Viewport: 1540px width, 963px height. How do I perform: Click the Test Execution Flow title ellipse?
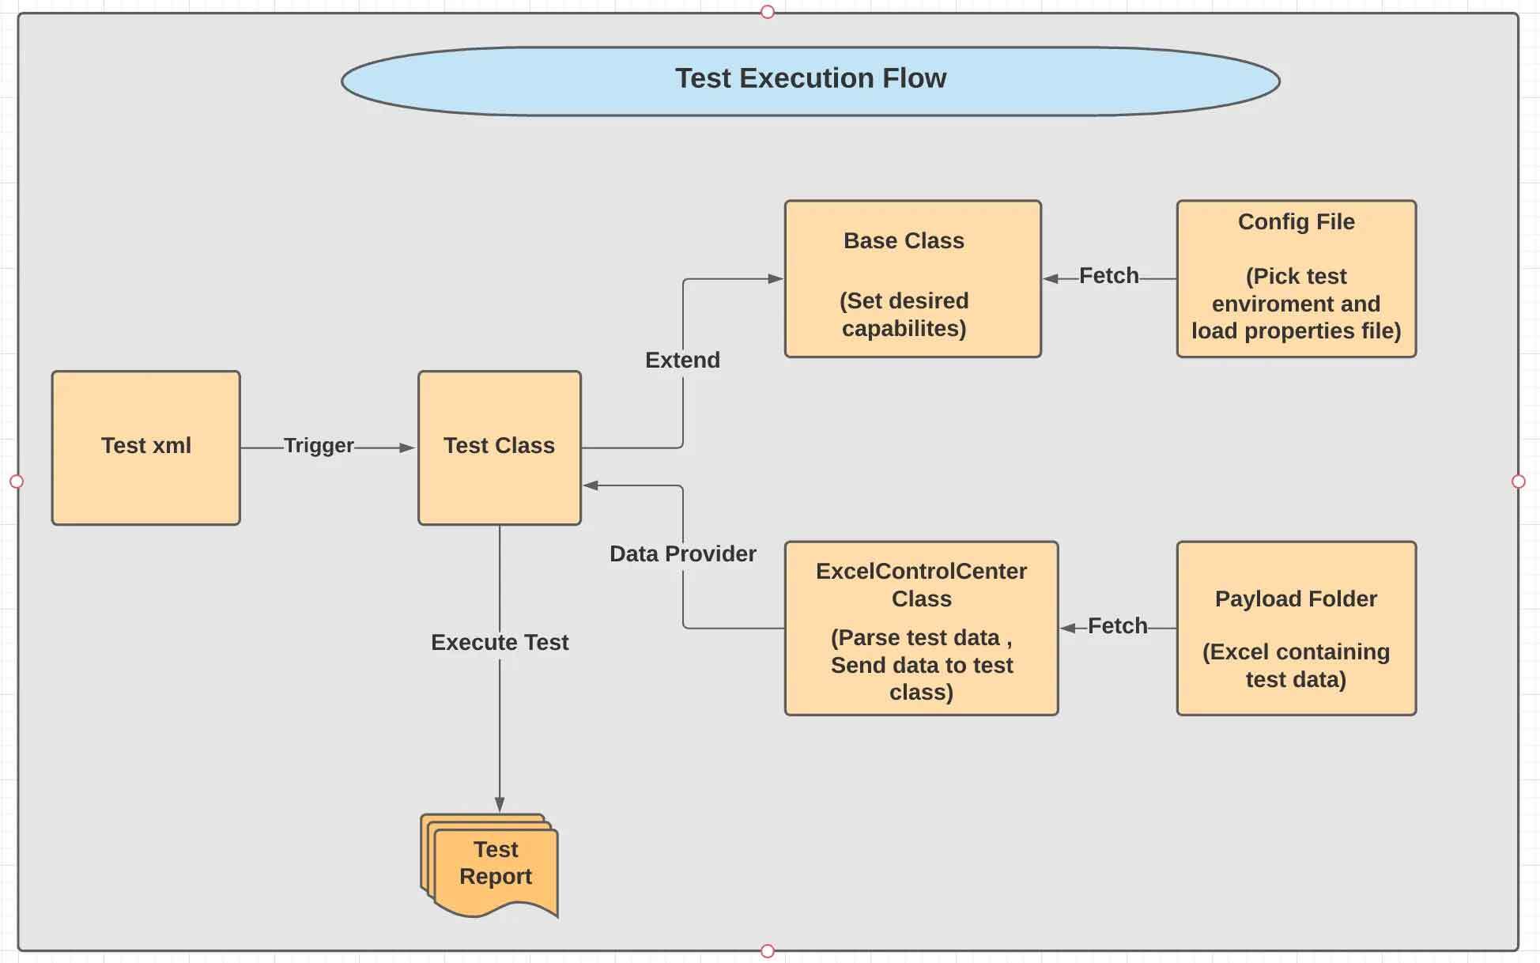click(x=810, y=80)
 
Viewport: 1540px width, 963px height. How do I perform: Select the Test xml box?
click(x=146, y=447)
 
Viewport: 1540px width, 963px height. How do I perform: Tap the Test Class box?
click(x=499, y=447)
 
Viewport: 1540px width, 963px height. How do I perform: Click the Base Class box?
click(x=912, y=278)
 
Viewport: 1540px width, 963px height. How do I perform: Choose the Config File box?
click(x=1296, y=278)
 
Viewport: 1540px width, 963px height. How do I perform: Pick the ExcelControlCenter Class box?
click(x=921, y=629)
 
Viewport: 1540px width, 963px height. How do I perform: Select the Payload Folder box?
click(x=1296, y=629)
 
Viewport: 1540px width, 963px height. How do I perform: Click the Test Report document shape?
click(x=493, y=866)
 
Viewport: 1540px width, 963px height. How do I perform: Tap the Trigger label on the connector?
click(x=319, y=446)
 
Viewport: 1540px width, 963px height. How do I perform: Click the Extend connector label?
click(x=682, y=361)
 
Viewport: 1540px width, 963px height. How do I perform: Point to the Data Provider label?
click(x=682, y=553)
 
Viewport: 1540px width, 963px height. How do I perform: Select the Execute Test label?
click(x=500, y=642)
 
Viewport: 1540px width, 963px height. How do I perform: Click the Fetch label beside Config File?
click(x=1108, y=276)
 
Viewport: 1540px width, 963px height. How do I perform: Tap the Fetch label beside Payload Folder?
click(x=1117, y=626)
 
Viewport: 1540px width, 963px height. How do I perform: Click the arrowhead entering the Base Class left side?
click(x=775, y=278)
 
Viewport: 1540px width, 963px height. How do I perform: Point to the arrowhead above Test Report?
click(x=500, y=805)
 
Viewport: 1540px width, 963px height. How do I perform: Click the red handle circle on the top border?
click(x=767, y=12)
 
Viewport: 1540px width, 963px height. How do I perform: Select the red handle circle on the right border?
click(x=1518, y=481)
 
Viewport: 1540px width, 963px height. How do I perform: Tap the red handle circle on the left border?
click(x=17, y=481)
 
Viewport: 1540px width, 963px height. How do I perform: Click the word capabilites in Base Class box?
click(x=904, y=329)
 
